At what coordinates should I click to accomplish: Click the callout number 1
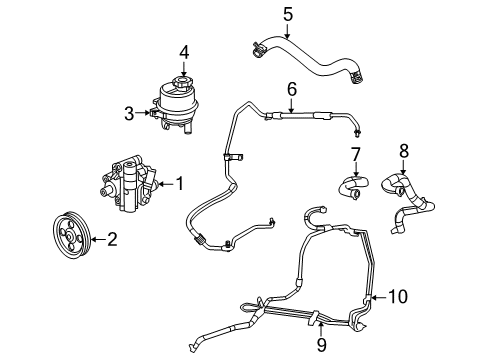(180, 183)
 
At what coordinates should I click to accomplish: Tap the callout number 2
(112, 238)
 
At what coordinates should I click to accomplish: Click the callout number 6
(291, 89)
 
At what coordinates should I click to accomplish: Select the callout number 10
(398, 296)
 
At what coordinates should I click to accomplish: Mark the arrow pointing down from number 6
(291, 105)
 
